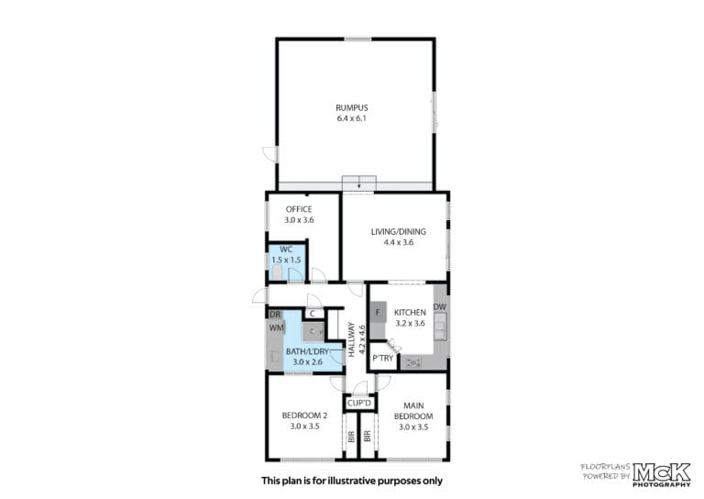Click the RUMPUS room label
pos(352,108)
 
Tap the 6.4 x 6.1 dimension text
pos(352,118)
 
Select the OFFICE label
pos(299,209)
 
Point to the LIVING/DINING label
pos(399,232)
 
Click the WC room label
pos(286,249)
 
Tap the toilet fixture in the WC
pos(277,272)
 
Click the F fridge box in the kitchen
pos(378,312)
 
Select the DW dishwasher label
pos(440,306)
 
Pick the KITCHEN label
pos(410,313)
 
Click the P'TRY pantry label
pos(383,359)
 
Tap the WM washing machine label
pos(277,327)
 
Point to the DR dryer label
pos(275,315)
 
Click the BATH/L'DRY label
pos(308,351)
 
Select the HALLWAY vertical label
pos(352,340)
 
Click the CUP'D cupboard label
pos(359,403)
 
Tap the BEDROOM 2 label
pos(304,416)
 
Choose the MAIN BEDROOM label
pos(413,411)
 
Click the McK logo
pos(662,472)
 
